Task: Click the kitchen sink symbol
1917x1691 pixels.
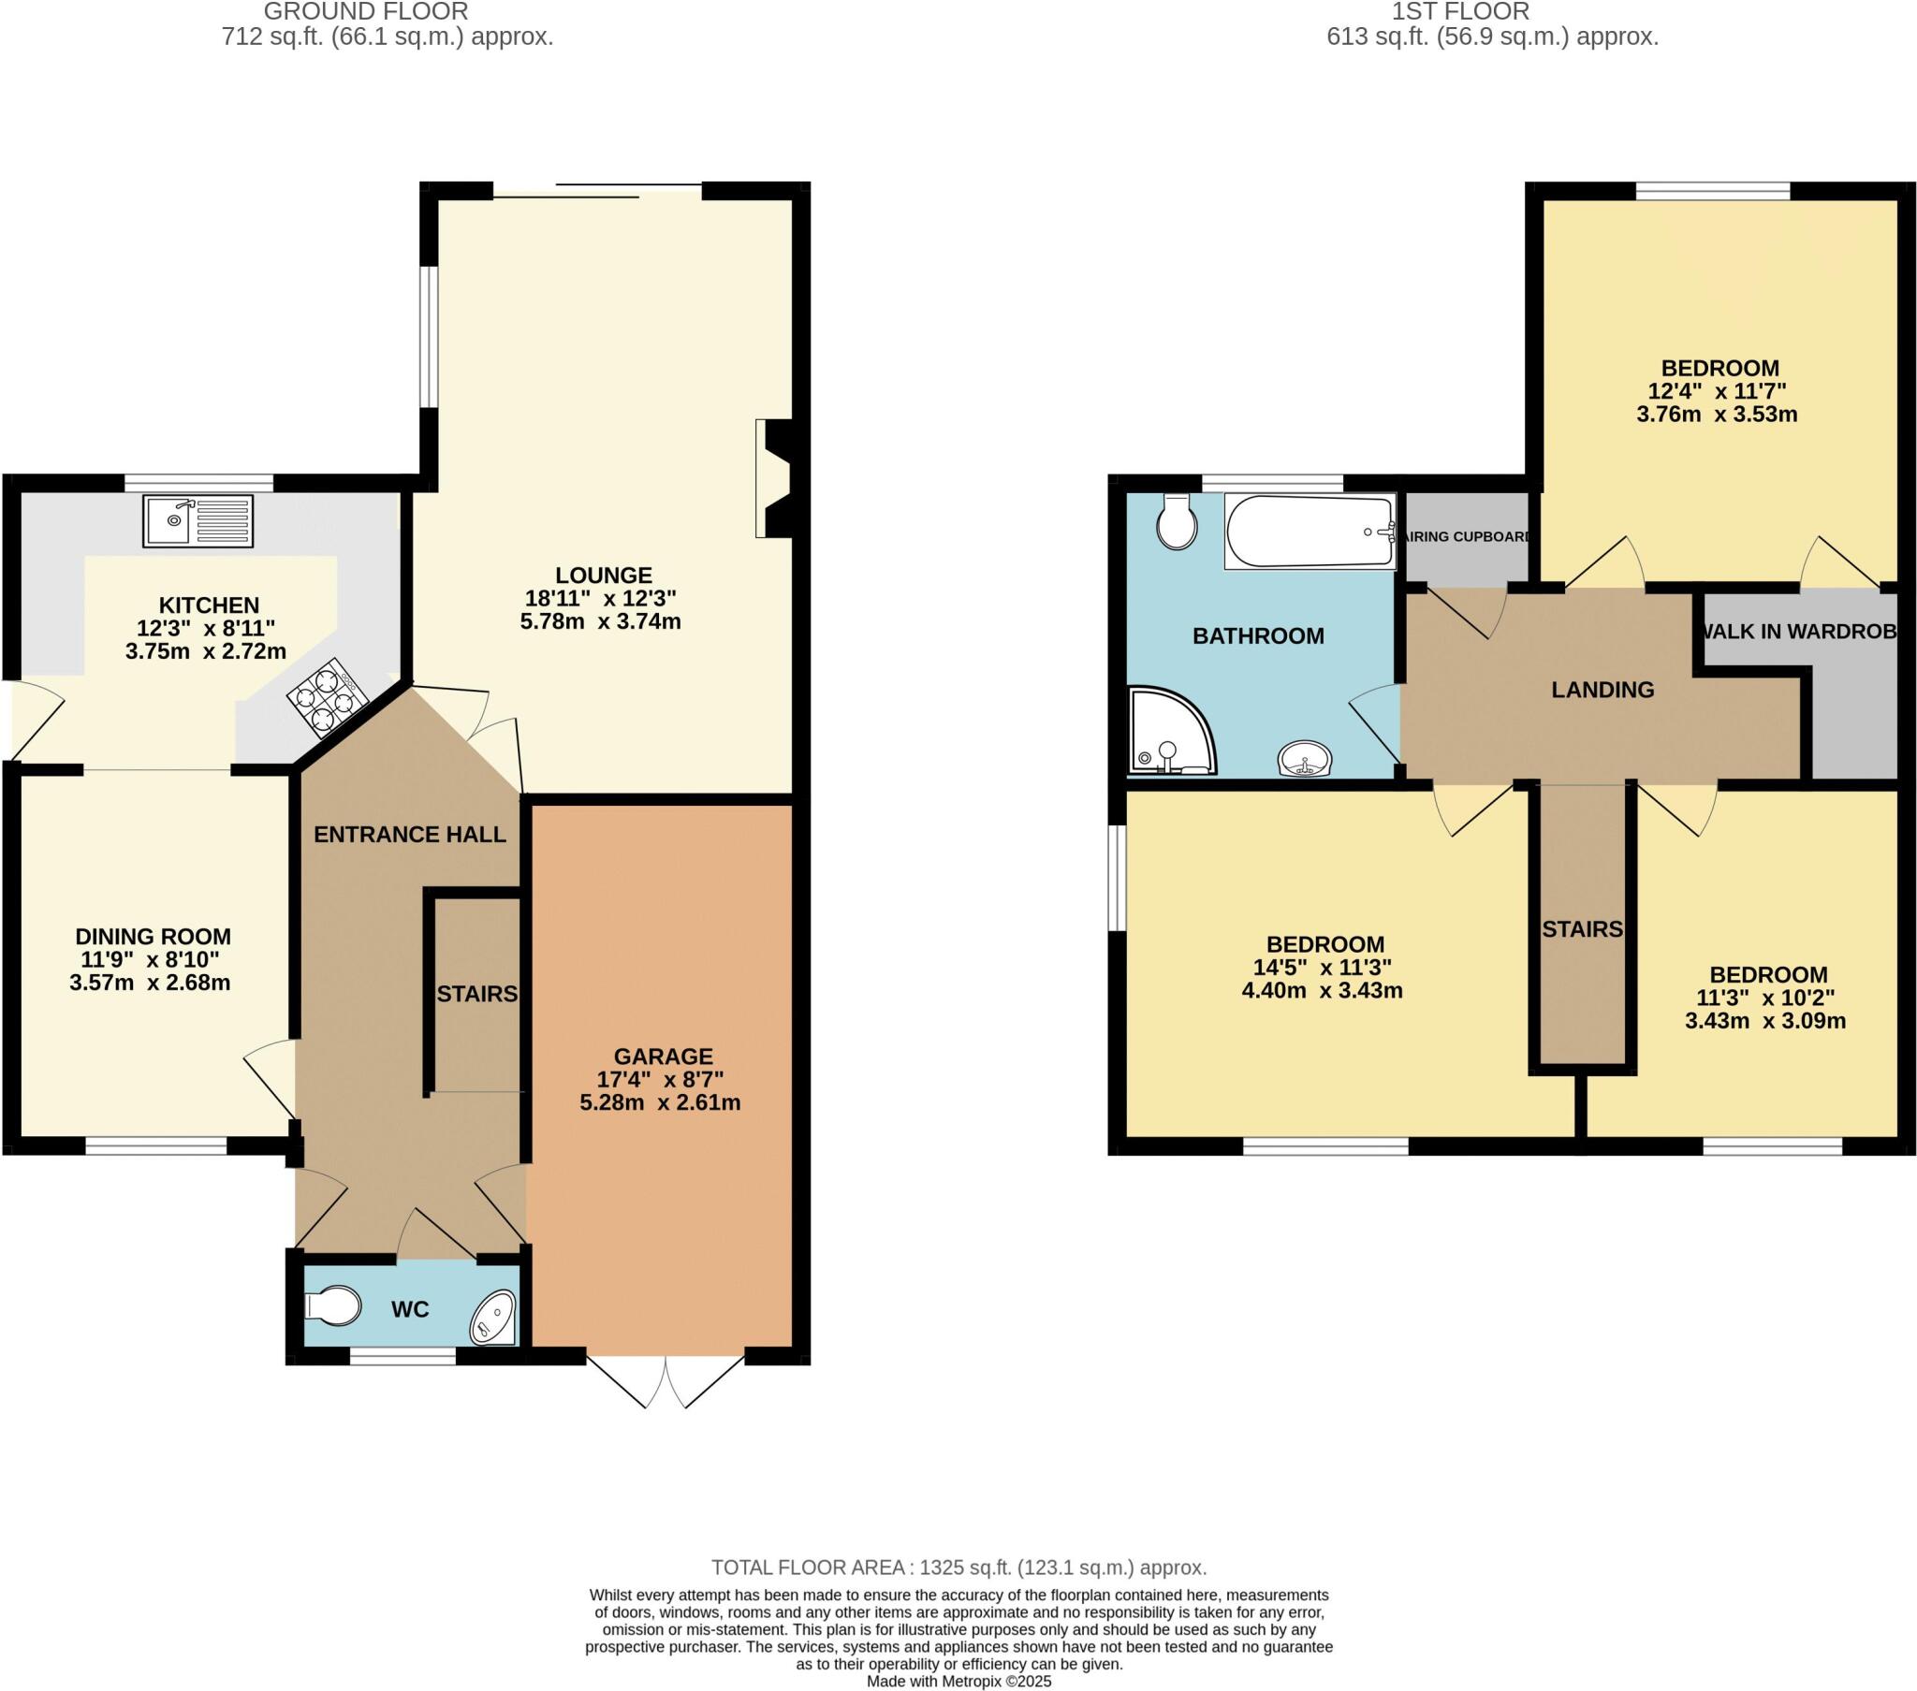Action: (198, 520)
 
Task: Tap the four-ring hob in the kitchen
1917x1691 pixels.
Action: (326, 696)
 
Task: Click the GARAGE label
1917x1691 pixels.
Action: (663, 1056)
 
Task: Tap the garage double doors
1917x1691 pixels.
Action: (666, 1380)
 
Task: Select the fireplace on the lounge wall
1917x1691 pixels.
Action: (774, 478)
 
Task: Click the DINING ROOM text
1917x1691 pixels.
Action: (153, 936)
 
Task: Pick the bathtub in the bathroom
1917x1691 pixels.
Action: (1310, 531)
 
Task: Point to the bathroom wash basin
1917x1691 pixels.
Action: (1305, 758)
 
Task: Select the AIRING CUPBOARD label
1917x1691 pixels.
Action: (1468, 536)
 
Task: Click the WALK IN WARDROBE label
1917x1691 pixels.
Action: (1799, 631)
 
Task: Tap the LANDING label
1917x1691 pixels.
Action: (1602, 690)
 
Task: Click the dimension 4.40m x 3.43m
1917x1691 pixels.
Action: (1322, 990)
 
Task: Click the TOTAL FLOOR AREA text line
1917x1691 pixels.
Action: (958, 1567)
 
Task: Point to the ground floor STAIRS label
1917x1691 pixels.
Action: (476, 993)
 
